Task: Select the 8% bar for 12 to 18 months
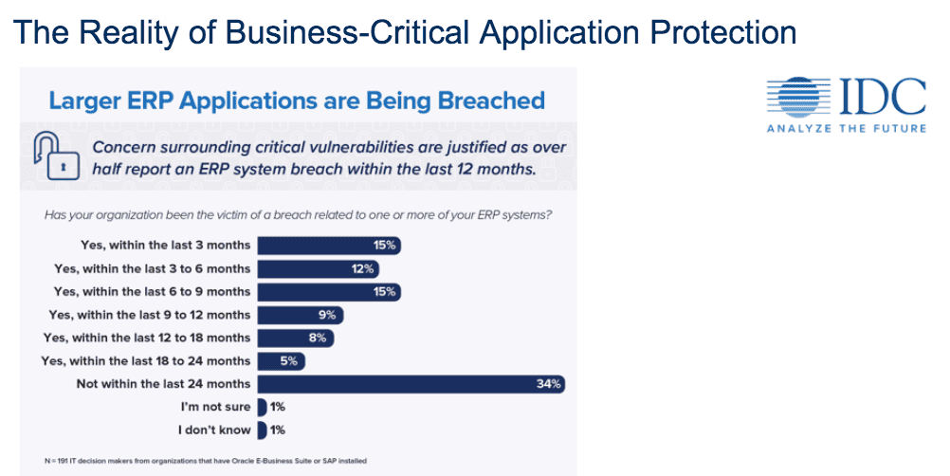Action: pyautogui.click(x=295, y=338)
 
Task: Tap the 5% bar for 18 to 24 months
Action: pyautogui.click(x=282, y=361)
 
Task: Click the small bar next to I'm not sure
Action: pyautogui.click(x=262, y=407)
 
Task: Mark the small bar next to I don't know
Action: pyautogui.click(x=262, y=430)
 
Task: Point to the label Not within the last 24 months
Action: pyautogui.click(x=163, y=384)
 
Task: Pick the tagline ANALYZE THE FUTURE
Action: pyautogui.click(x=846, y=128)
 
